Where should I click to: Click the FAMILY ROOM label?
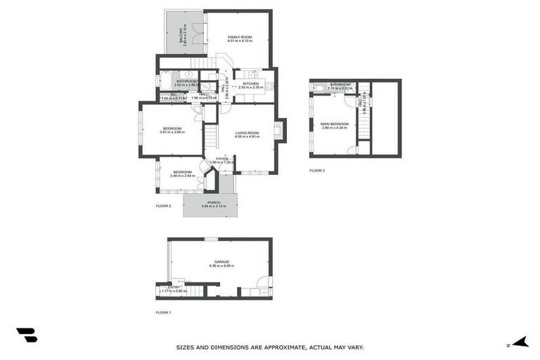pos(240,37)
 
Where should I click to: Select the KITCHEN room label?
pos(251,84)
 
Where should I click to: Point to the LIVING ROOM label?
pos(247,133)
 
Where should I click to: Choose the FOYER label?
pos(222,159)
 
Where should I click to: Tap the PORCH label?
pos(214,202)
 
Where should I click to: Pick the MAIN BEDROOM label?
pos(335,124)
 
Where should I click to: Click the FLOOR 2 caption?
pos(163,206)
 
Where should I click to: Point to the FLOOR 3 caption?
pos(317,170)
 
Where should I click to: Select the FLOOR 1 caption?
pos(163,312)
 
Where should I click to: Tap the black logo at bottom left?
pos(27,335)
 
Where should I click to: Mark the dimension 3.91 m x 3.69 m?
pos(172,132)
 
